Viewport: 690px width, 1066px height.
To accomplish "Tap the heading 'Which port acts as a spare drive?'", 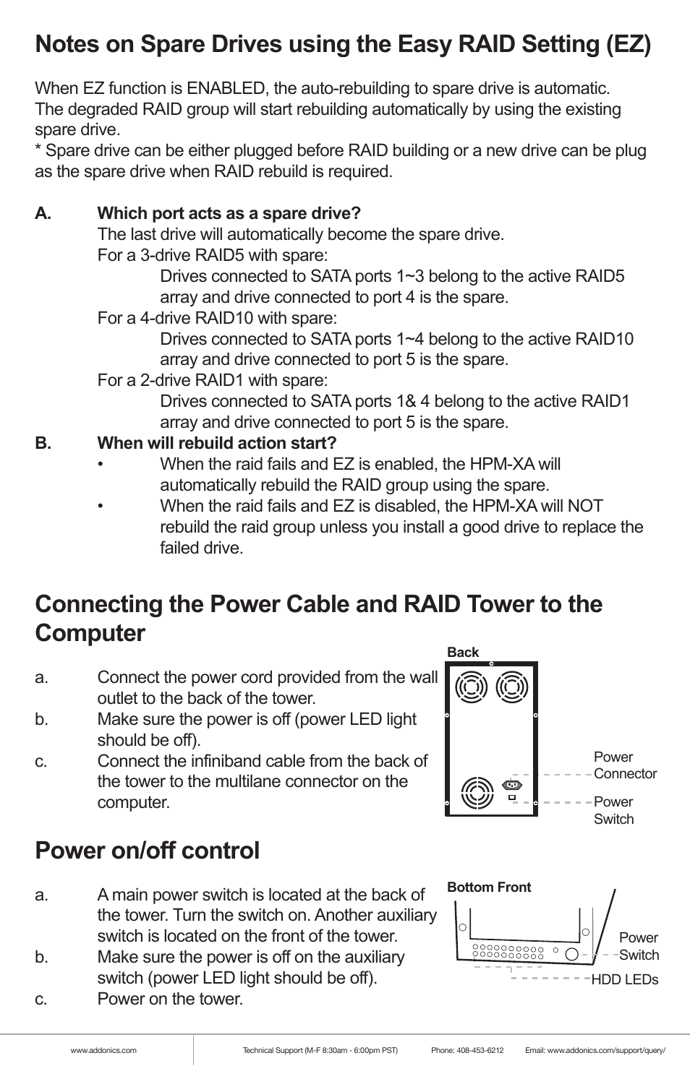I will (x=229, y=214).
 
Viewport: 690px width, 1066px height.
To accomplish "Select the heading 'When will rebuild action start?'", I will (x=217, y=444).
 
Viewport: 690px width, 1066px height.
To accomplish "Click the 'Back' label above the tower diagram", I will (x=463, y=653).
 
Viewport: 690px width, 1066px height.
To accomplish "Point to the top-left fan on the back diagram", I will (x=472, y=687).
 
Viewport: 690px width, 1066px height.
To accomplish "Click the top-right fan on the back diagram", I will (x=512, y=687).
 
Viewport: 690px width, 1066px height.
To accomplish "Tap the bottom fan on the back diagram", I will (x=477, y=793).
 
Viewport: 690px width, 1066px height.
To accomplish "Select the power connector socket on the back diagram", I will (x=512, y=785).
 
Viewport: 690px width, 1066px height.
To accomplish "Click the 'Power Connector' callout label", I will (x=624, y=765).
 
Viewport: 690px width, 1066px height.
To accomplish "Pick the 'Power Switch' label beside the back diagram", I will (x=613, y=811).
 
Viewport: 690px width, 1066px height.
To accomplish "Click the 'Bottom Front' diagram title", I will (x=489, y=887).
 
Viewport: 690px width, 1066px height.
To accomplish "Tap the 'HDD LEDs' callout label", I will (x=625, y=980).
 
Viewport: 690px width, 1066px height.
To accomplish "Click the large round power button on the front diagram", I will (x=572, y=953).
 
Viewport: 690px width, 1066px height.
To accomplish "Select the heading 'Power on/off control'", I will (x=147, y=851).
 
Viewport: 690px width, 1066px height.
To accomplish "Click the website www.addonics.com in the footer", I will (x=103, y=1051).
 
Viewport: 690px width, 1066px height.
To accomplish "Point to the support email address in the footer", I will (x=606, y=1051).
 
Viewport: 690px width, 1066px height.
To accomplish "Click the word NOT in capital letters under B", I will (x=586, y=507).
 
